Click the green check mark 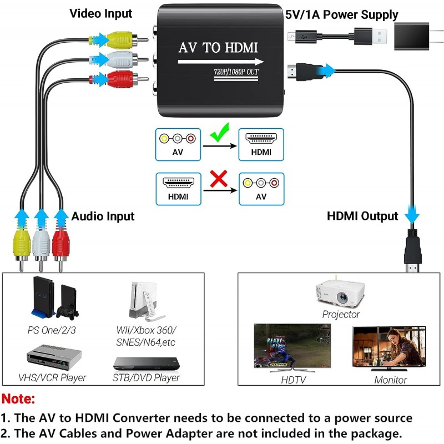(220, 133)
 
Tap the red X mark (219, 179)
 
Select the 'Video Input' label (101, 14)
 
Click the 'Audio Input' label (103, 216)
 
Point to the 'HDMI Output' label (362, 216)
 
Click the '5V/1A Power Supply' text (341, 15)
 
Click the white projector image (340, 293)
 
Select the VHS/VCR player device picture (54, 357)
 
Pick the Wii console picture (144, 301)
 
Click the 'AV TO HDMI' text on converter (218, 48)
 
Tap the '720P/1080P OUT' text (236, 72)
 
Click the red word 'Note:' (18, 399)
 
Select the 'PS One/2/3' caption (52, 330)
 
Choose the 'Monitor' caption (391, 380)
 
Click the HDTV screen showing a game (292, 346)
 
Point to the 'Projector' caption (341, 314)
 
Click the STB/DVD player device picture (147, 364)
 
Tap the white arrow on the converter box (221, 62)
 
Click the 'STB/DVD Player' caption (146, 377)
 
